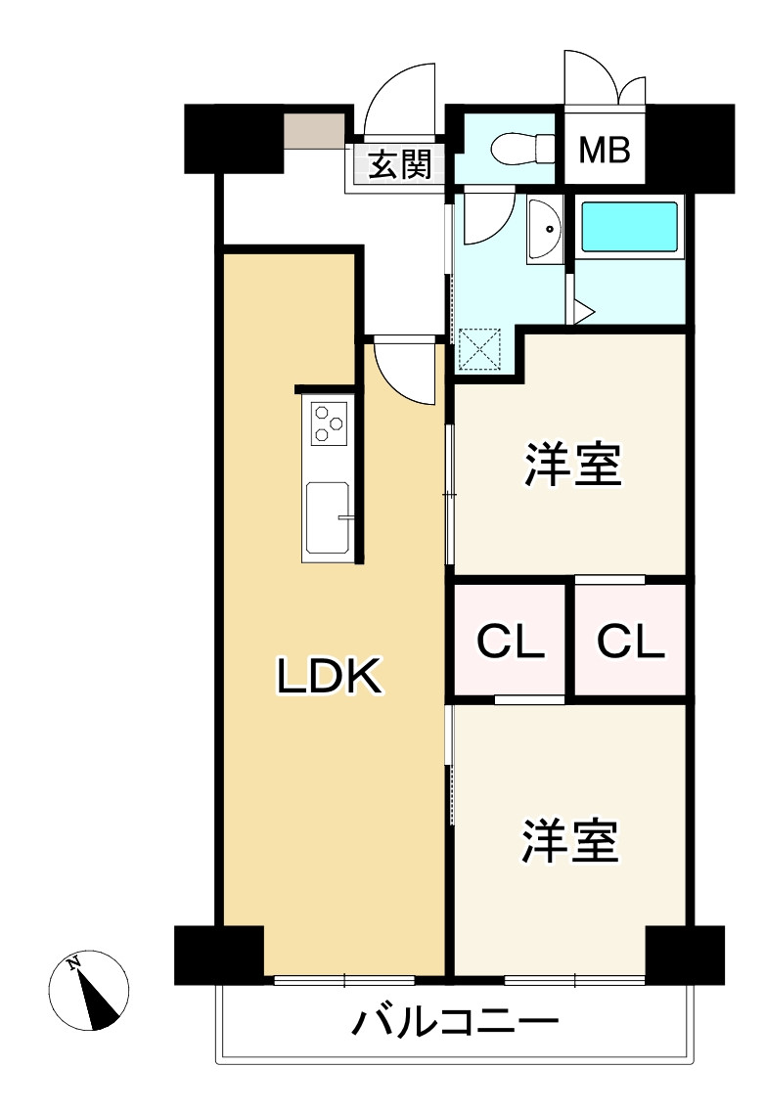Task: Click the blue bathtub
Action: pos(630,226)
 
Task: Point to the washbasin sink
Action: pos(546,230)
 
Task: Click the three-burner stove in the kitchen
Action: pos(329,423)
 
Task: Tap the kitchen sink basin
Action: pos(329,518)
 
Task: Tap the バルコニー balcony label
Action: pos(455,1024)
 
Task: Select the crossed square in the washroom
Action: pos(480,349)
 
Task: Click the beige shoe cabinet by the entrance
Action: pos(314,130)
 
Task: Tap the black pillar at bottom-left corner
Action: pos(217,954)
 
